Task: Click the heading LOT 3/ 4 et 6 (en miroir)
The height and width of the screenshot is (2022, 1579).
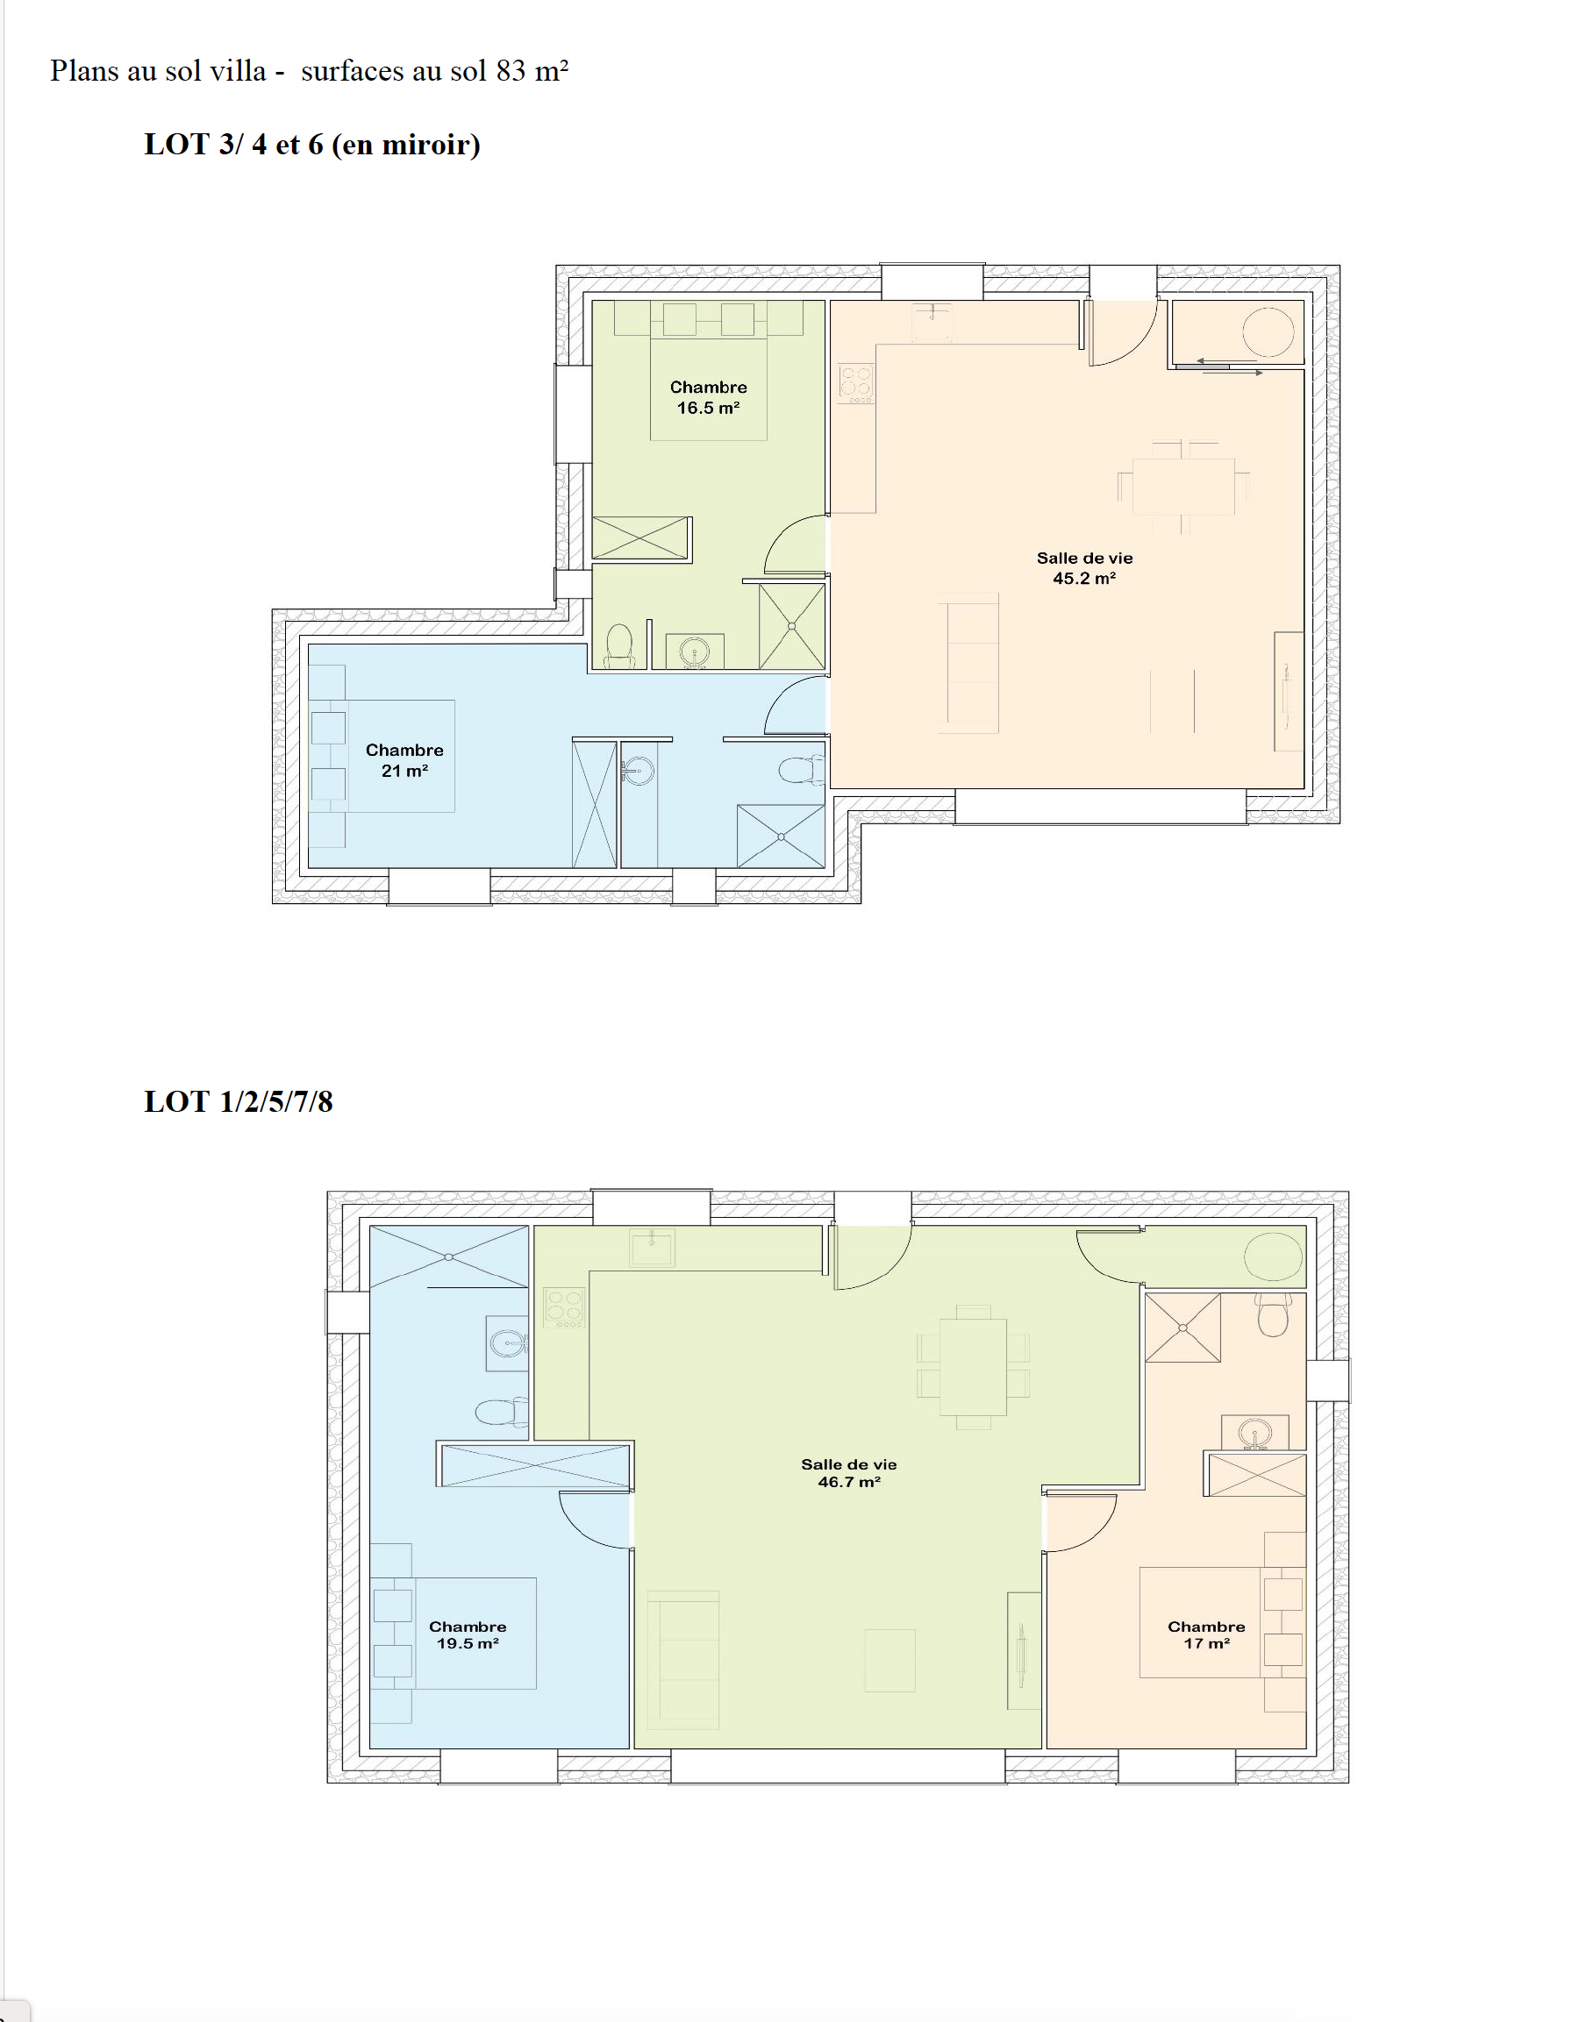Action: tap(312, 146)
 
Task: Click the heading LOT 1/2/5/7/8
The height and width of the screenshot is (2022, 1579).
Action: tap(238, 1101)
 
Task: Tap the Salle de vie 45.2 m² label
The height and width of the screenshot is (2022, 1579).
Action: tap(1084, 568)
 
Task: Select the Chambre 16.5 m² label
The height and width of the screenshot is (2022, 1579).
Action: tap(709, 397)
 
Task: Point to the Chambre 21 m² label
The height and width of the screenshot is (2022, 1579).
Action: tap(404, 760)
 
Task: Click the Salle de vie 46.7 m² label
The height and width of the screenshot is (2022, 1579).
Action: tap(849, 1473)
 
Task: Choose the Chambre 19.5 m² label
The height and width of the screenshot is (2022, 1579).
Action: tap(468, 1635)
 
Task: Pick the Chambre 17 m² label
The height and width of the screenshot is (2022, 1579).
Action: tap(1207, 1635)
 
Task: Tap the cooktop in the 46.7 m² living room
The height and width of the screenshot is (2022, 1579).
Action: tap(564, 1308)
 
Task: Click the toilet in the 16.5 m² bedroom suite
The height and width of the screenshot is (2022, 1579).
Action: tap(618, 646)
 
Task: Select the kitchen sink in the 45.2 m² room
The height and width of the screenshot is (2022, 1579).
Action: tap(932, 321)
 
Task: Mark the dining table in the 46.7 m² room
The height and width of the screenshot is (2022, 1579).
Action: tap(974, 1368)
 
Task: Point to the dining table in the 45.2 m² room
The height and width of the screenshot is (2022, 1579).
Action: tap(1183, 486)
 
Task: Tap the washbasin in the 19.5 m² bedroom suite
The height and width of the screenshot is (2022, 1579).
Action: tap(508, 1342)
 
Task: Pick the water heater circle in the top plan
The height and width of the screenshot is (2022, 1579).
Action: tap(1268, 331)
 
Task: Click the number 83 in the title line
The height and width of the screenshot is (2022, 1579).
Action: tap(511, 71)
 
